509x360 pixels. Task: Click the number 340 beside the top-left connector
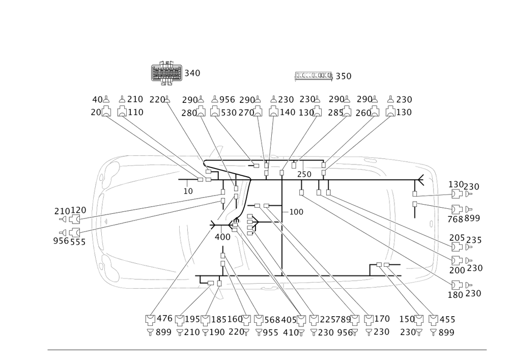pyautogui.click(x=192, y=73)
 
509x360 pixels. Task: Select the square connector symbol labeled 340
pyautogui.click(x=166, y=73)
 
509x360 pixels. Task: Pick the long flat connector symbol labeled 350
pyautogui.click(x=313, y=76)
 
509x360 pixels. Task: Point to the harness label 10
pyautogui.click(x=188, y=191)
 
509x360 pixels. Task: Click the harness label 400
pyautogui.click(x=222, y=237)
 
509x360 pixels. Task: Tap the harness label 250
pyautogui.click(x=304, y=175)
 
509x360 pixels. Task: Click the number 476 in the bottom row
pyautogui.click(x=166, y=319)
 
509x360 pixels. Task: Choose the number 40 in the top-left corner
pyautogui.click(x=97, y=99)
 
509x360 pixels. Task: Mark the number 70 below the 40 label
pyautogui.click(x=95, y=112)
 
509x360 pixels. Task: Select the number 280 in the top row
pyautogui.click(x=188, y=112)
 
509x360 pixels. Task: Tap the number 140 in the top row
pyautogui.click(x=289, y=112)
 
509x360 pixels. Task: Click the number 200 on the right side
pyautogui.click(x=458, y=268)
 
